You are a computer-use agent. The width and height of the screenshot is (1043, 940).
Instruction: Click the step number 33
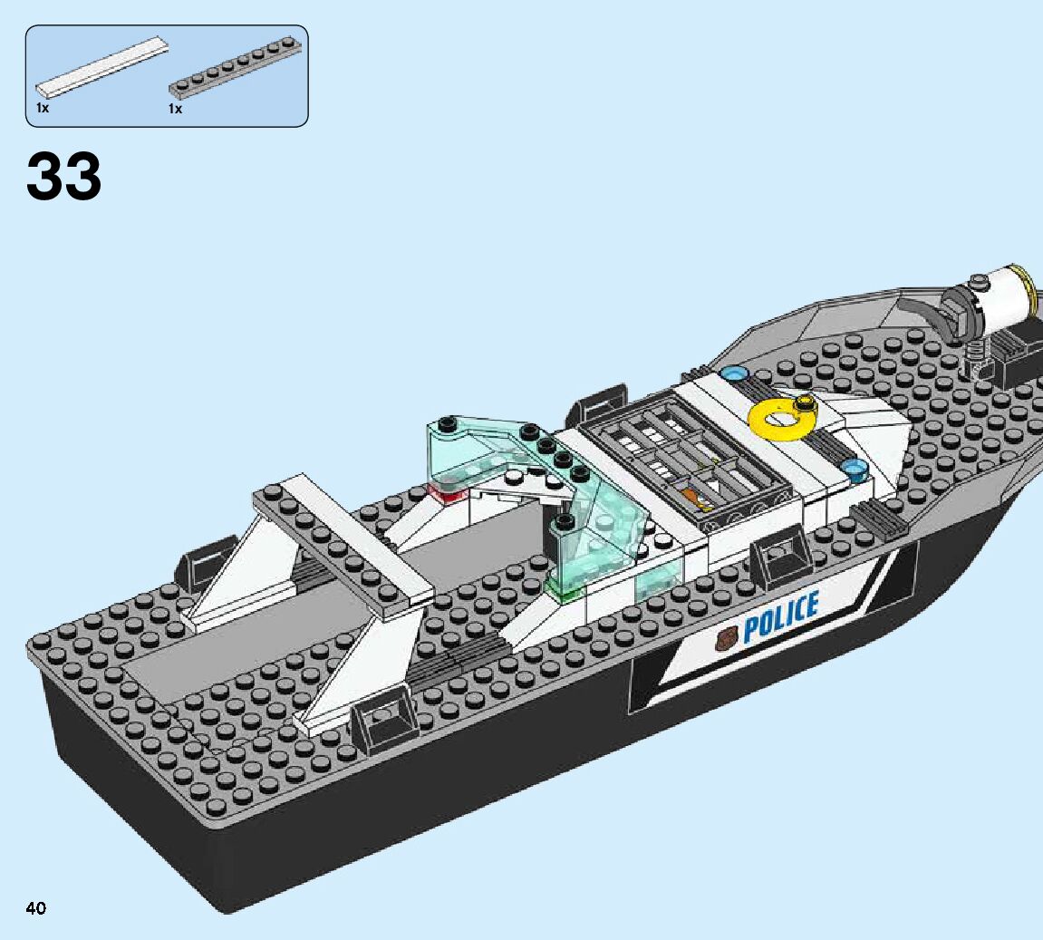pyautogui.click(x=64, y=176)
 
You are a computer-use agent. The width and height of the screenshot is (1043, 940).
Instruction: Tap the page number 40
pyautogui.click(x=36, y=908)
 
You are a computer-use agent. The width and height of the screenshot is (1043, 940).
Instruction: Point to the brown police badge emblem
pyautogui.click(x=726, y=640)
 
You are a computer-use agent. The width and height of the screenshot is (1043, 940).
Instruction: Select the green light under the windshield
pyautogui.click(x=562, y=591)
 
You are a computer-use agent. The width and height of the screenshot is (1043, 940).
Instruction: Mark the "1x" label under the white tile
pyautogui.click(x=42, y=108)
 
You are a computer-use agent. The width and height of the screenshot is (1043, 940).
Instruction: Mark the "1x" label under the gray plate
pyautogui.click(x=175, y=108)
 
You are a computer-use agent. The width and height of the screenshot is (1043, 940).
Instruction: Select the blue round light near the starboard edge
pyautogui.click(x=855, y=469)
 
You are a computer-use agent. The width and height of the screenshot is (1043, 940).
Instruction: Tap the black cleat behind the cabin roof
pyautogui.click(x=598, y=402)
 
